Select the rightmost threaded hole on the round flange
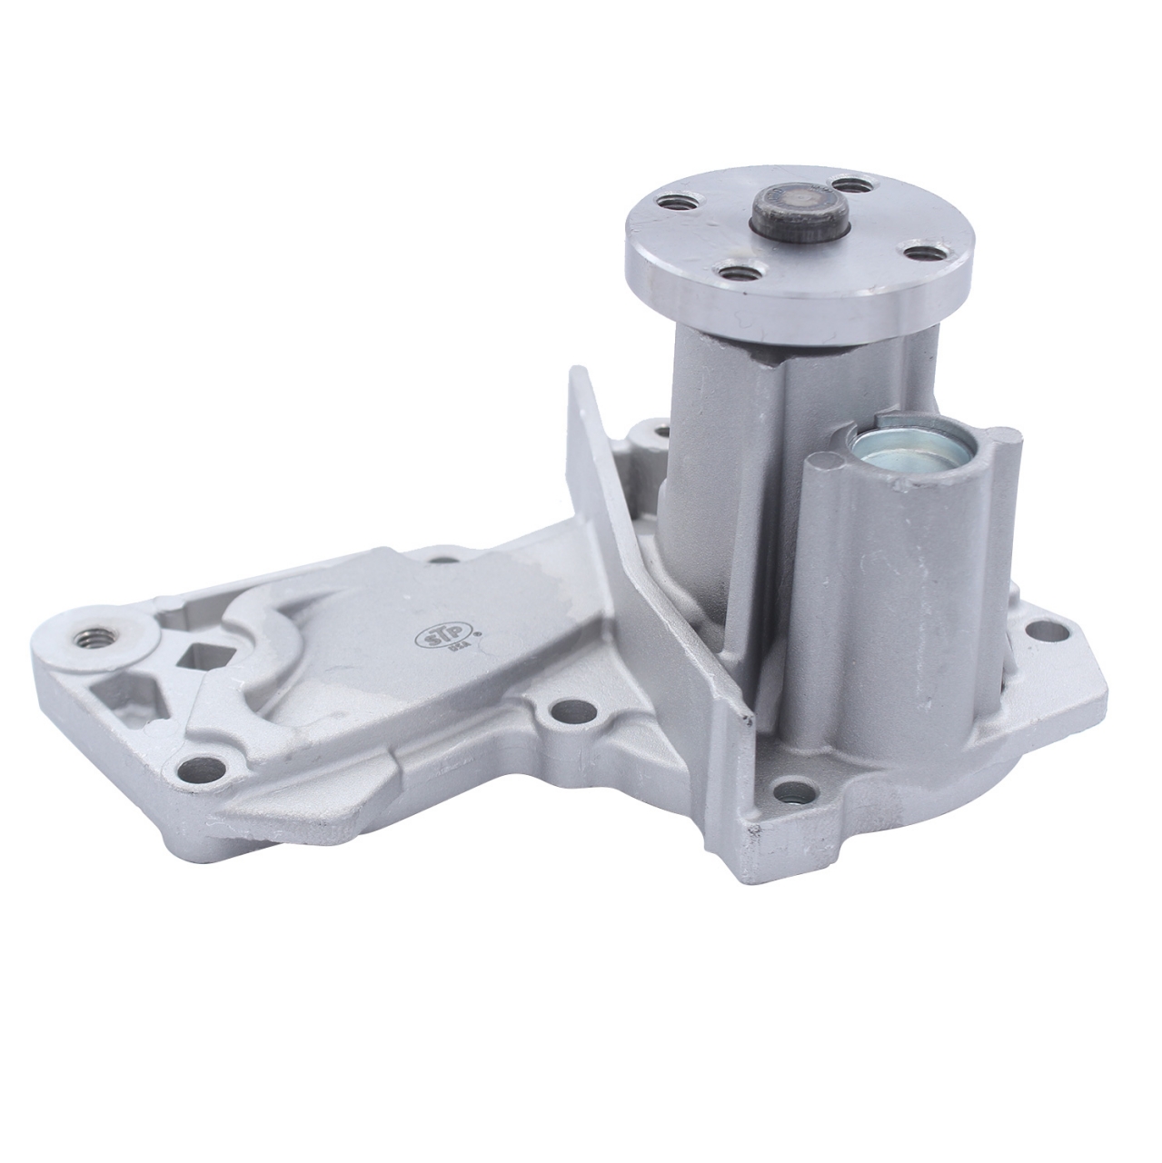pos(920,250)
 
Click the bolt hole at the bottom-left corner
pos(198,770)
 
